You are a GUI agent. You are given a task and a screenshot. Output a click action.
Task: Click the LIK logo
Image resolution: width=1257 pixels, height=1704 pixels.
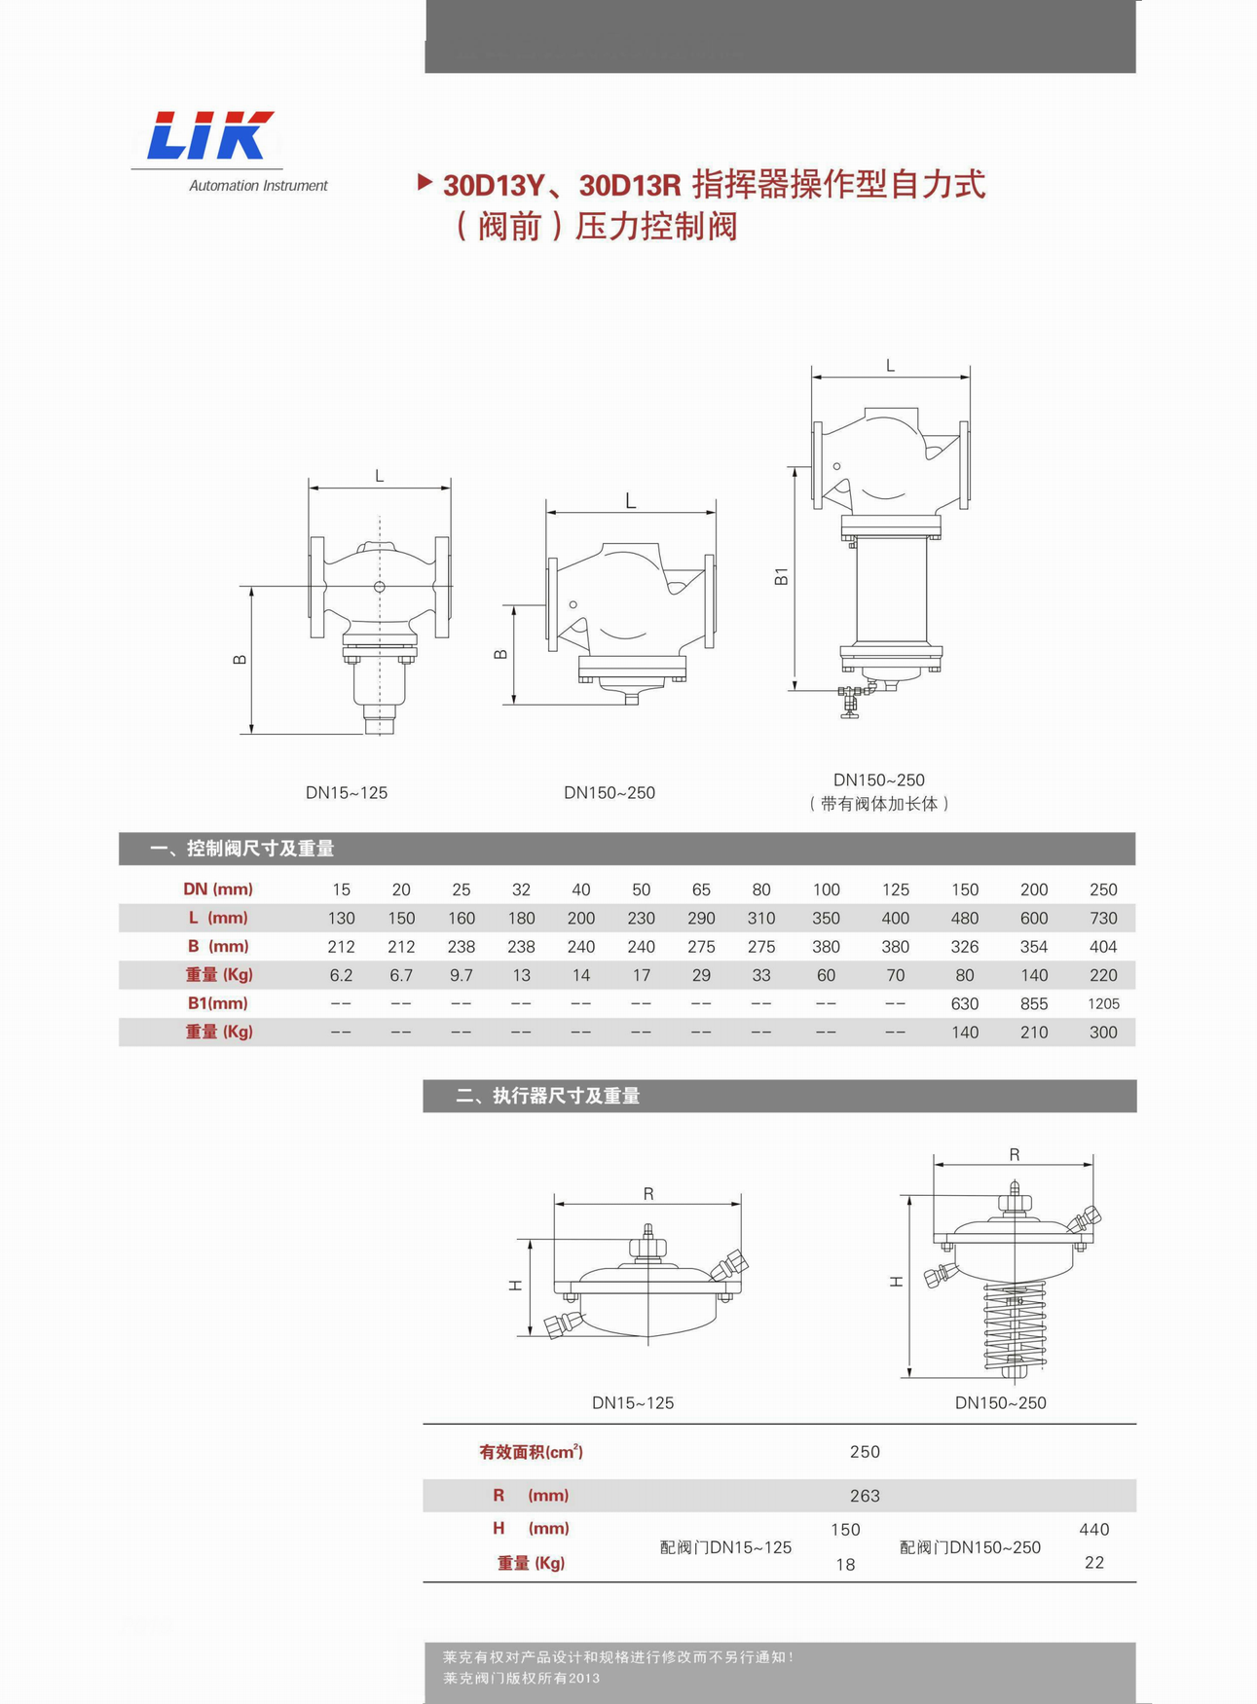coord(210,135)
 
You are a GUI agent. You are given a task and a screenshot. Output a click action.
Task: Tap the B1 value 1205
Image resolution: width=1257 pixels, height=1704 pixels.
coord(1103,1003)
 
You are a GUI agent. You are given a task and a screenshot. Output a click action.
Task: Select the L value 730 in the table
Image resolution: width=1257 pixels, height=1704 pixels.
coord(1103,918)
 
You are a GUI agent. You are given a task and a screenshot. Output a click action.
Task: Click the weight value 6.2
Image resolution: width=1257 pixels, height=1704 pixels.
coord(341,975)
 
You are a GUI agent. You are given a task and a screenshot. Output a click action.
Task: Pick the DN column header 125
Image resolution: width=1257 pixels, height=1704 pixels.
coord(895,889)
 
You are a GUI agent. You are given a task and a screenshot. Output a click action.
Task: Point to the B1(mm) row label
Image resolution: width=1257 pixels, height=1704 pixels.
coord(218,1003)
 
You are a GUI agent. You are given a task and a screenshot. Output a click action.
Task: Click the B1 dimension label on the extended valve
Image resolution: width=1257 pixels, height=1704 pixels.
coord(781,576)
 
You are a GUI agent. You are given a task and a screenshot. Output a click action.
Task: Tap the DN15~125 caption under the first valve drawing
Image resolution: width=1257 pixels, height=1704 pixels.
coord(347,793)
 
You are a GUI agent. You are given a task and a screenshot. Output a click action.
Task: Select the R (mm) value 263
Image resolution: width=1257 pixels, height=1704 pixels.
coord(865,1496)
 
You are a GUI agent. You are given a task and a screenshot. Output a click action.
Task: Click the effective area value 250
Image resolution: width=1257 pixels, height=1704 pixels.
coord(865,1452)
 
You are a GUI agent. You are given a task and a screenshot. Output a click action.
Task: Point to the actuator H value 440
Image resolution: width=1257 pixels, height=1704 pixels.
coord(1094,1530)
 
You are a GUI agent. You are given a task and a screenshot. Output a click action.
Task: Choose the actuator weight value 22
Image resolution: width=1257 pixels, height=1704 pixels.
coord(1094,1563)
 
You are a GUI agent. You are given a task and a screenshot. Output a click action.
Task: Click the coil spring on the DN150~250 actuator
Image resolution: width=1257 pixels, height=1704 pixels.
coord(1015,1328)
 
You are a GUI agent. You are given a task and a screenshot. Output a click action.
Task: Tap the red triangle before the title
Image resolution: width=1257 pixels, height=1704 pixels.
coord(425,182)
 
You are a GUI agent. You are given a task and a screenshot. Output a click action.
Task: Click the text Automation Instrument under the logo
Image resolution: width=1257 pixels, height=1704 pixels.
coord(258,186)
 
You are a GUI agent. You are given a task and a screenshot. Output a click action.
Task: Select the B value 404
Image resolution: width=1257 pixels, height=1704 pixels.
coord(1103,947)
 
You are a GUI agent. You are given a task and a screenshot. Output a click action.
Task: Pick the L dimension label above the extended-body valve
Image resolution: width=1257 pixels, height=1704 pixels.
coord(890,366)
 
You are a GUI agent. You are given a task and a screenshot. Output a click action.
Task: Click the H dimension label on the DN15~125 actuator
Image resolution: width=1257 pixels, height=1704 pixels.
coord(516,1286)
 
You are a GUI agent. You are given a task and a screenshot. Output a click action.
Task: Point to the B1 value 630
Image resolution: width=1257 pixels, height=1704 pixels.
coord(965,1003)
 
